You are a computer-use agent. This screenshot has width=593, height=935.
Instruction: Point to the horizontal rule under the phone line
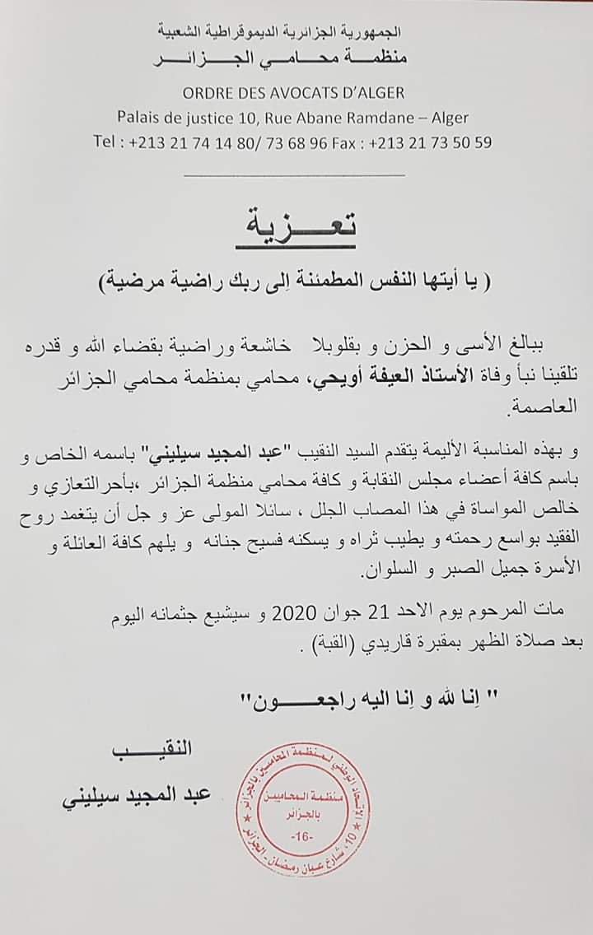click(294, 174)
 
